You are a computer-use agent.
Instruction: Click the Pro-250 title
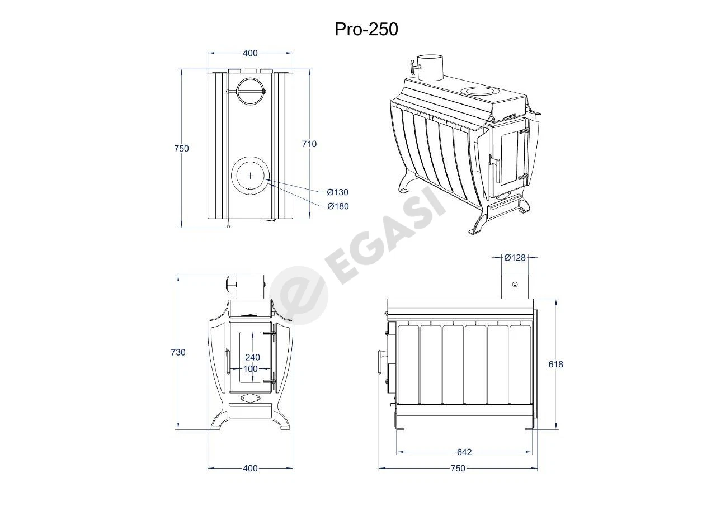click(366, 30)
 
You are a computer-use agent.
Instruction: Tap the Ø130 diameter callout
click(337, 192)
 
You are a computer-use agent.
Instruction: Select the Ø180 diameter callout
click(338, 206)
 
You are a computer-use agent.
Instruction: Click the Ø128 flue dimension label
click(515, 257)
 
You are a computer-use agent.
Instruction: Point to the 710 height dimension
click(309, 144)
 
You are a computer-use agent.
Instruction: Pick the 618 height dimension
click(556, 364)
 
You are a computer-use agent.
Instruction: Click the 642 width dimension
click(464, 452)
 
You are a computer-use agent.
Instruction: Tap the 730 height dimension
click(178, 352)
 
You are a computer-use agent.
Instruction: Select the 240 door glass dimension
click(252, 357)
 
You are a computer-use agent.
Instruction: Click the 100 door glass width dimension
click(251, 369)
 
